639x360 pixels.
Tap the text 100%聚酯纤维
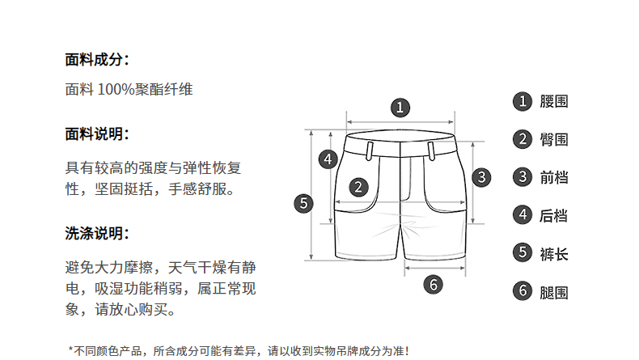146,90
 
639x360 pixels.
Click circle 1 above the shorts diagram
400,107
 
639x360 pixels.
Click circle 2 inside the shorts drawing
359,187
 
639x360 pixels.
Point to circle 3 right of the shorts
481,176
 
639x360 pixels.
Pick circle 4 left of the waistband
328,159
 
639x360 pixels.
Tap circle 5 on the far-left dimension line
303,202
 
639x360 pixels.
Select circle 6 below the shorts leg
434,284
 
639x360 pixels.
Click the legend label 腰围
554,101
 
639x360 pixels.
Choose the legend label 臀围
554,139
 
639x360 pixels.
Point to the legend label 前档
554,177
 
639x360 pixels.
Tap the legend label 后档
554,215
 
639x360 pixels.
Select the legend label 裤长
554,253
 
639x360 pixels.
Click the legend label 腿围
554,291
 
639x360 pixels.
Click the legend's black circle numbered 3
523,177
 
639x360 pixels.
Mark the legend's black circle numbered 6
523,291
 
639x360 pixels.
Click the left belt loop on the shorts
369,149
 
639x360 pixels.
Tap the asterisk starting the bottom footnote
71,350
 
